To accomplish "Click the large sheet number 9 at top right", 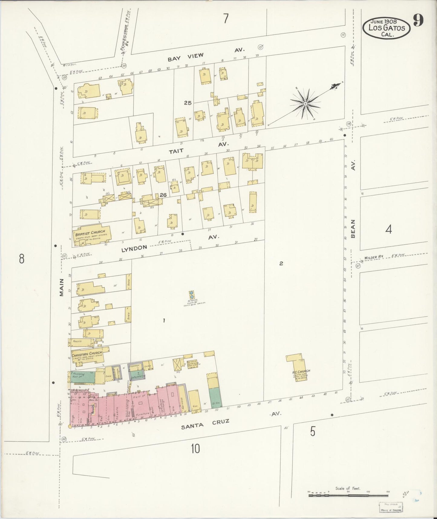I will pos(418,21).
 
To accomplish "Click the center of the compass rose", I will pos(305,104).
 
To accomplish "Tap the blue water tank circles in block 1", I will pos(191,295).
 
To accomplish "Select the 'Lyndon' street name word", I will pos(134,248).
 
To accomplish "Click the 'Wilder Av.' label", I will pos(373,257).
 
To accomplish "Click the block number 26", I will pos(163,195).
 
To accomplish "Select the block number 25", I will pos(188,103).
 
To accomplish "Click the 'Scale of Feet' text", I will pos(348,488).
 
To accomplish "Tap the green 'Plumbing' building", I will pos(82,377).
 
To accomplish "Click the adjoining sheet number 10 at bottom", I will pos(195,448).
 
